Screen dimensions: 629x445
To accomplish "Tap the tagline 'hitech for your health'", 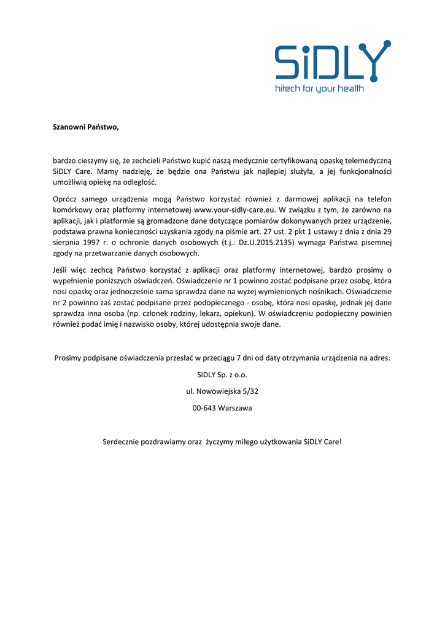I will pyautogui.click(x=319, y=88).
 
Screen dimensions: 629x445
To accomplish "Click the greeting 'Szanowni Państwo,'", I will pyautogui.click(x=85, y=127).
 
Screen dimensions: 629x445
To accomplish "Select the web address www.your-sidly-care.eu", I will pyautogui.click(x=234, y=209).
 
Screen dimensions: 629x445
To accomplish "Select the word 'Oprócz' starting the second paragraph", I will pyautogui.click(x=64, y=198).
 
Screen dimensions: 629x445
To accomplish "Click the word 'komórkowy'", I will pyautogui.click(x=71, y=209).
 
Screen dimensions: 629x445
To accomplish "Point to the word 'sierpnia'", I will pyautogui.click(x=66, y=243).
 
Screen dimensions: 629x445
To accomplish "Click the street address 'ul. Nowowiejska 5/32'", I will pyautogui.click(x=222, y=391).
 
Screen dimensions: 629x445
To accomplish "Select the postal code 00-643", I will pyautogui.click(x=204, y=408).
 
